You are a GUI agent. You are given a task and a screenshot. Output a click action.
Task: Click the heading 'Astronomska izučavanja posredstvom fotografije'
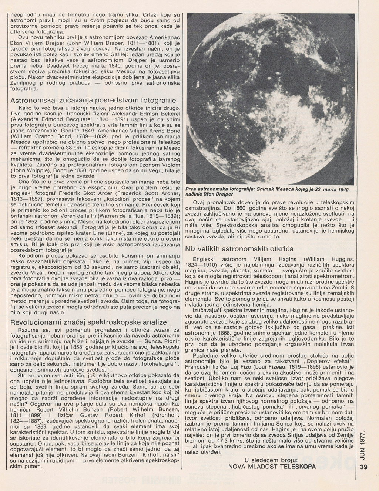tap(93, 101)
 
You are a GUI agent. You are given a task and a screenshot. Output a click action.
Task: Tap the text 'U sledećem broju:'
tap(271, 460)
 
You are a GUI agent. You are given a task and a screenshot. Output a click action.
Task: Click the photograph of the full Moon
tap(271, 98)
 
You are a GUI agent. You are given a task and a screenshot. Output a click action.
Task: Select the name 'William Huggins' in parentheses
tap(334, 259)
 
